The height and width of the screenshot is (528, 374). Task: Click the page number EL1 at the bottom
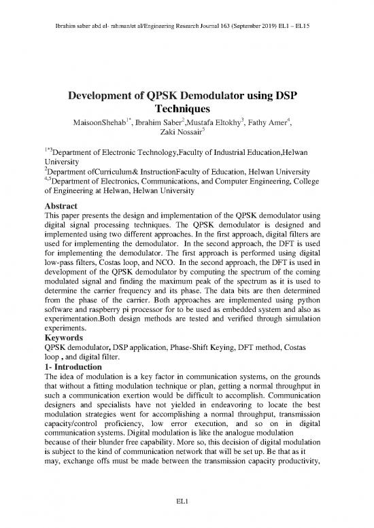click(x=187, y=501)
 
